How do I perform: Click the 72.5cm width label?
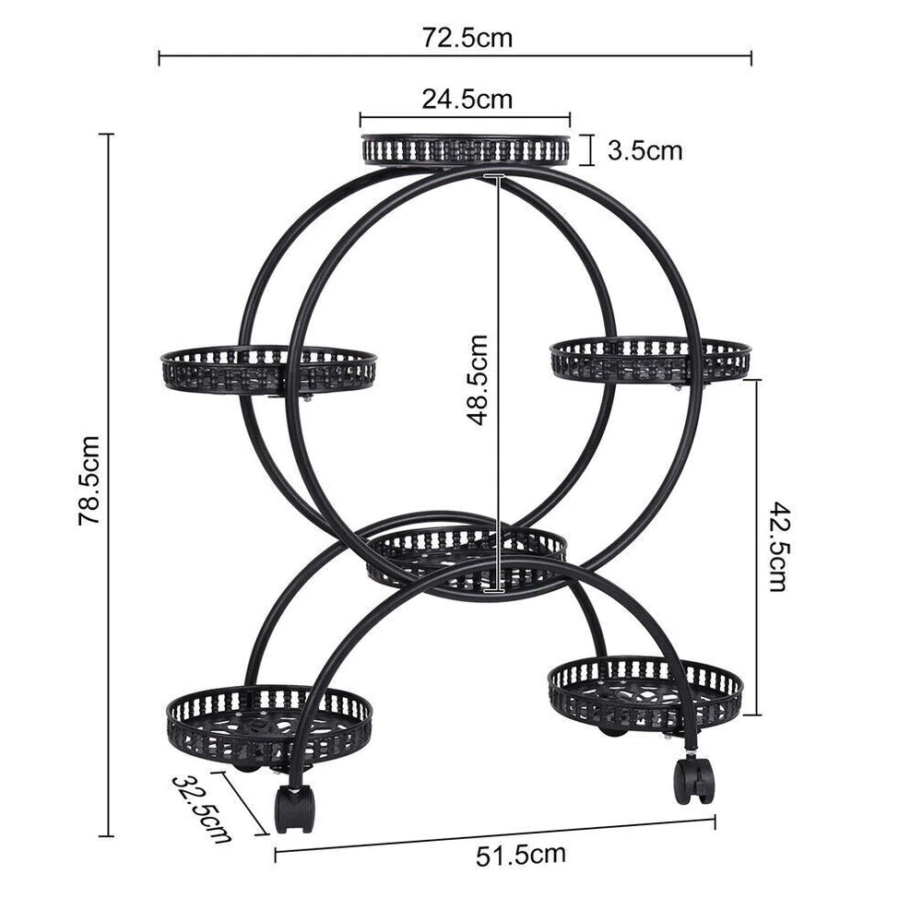coord(467,39)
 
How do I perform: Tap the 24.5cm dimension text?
coord(467,99)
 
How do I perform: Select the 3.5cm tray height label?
coord(644,149)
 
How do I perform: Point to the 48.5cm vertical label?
coord(478,379)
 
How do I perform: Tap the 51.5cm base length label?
coord(520,855)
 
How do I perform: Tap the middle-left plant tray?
coord(268,368)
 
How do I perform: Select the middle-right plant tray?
coord(650,359)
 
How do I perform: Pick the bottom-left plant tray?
coord(269,725)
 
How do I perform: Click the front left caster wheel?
coord(294,809)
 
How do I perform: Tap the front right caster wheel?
coord(693,780)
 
